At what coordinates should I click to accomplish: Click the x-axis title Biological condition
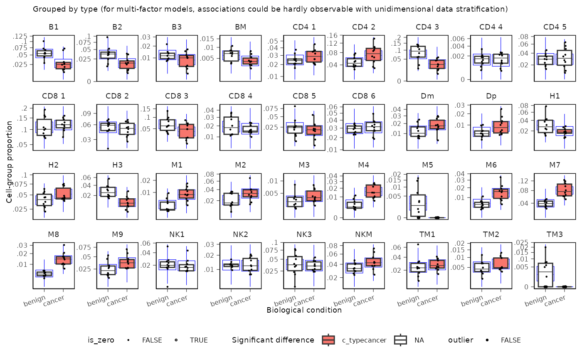(x=304, y=310)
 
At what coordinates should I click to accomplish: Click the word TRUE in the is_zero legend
(x=199, y=340)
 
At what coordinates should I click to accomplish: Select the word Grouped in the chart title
(x=47, y=9)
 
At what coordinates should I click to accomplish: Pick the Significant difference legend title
(x=273, y=340)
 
